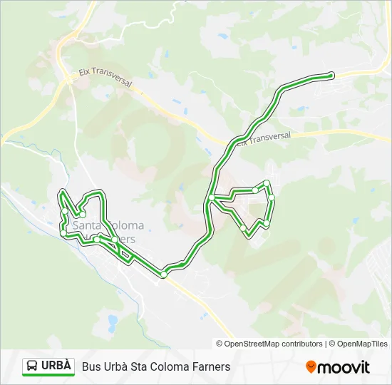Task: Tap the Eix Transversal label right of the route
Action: pos(263,138)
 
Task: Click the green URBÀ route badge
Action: pos(48,366)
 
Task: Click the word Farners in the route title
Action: pos(211,366)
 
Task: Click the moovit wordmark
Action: pos(344,367)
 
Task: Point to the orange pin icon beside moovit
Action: pos(311,367)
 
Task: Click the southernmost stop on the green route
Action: pos(164,274)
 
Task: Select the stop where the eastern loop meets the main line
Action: pos(212,197)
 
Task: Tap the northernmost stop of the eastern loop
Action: pos(267,183)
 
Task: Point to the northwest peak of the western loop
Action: pos(62,193)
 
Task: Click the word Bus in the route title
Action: pos(91,366)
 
